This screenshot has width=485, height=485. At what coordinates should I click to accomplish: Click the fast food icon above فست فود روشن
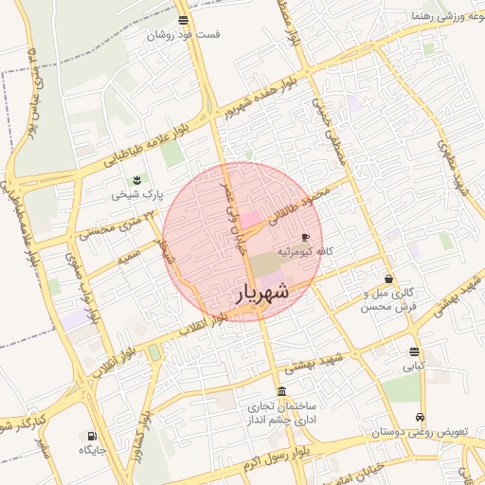coord(183,20)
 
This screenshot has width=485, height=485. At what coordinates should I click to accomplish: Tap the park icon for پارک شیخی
coord(137,179)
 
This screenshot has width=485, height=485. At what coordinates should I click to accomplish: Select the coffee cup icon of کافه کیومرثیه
coord(305,237)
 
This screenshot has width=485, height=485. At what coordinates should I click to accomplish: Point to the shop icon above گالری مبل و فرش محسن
coord(389,278)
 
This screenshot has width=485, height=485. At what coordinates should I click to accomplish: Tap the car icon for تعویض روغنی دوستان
coord(419,417)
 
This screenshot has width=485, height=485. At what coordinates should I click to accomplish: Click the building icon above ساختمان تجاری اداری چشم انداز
coord(281,391)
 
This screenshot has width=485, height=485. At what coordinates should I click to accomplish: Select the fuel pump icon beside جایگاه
coord(92,437)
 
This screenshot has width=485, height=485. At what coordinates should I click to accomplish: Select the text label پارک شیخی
coord(137,195)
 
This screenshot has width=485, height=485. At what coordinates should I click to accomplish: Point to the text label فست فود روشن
coord(183,34)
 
